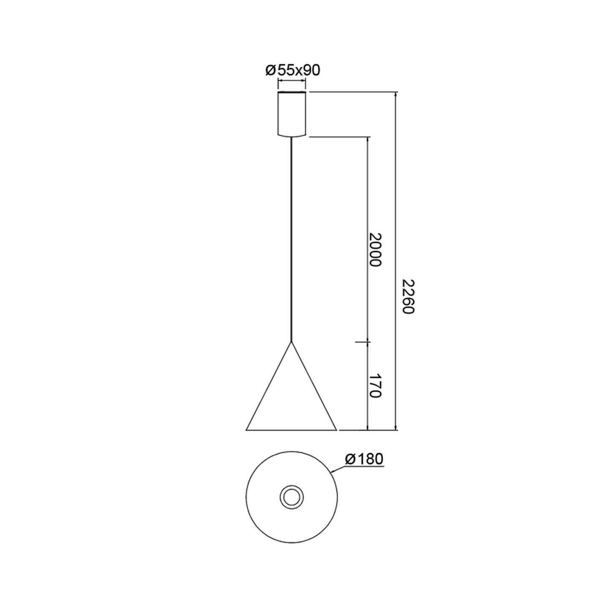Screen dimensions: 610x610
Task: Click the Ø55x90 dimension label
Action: point(292,70)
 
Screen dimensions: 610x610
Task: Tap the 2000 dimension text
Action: point(375,249)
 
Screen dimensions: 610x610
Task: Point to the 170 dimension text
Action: point(375,385)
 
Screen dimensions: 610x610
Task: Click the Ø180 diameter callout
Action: point(364,459)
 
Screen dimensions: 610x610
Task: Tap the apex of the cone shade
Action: point(291,342)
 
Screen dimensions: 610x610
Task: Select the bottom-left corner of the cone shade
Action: point(247,430)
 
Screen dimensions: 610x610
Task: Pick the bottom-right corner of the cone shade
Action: point(336,430)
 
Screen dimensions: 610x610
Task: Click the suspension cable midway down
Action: point(291,239)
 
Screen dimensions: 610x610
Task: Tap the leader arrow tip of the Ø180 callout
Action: point(331,471)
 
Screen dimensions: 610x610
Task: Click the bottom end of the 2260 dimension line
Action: point(396,430)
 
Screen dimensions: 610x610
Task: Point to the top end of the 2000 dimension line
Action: point(368,137)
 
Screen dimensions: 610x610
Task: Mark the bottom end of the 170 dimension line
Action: point(368,430)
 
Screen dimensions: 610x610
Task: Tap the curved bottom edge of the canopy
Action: point(291,136)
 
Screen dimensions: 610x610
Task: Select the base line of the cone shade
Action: point(291,430)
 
